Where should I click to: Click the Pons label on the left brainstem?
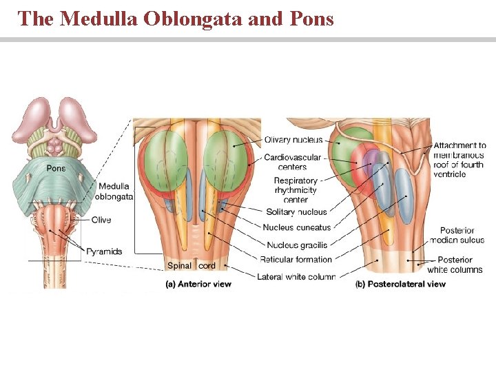click(x=56, y=167)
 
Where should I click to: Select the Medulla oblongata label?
click(x=115, y=191)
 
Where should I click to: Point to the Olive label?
click(x=101, y=220)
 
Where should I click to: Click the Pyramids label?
click(x=104, y=251)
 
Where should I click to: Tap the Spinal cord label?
click(x=192, y=266)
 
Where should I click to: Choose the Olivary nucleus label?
click(x=293, y=140)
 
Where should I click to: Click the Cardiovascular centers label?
click(x=292, y=162)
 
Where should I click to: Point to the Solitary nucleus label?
click(x=296, y=211)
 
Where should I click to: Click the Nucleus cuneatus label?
click(x=297, y=227)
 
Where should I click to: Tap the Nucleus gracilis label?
click(x=297, y=245)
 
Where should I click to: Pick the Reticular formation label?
click(x=296, y=260)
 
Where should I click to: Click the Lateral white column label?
click(x=296, y=276)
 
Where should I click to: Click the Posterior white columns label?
click(x=455, y=265)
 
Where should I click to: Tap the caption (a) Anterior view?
click(x=198, y=284)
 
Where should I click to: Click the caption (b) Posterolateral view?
click(x=400, y=284)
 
